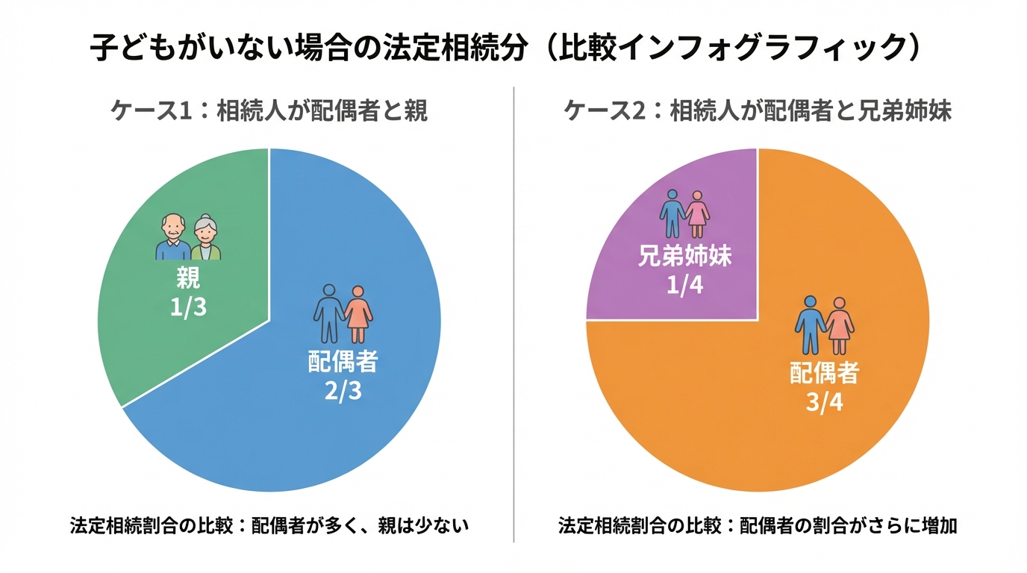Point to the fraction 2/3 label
[343, 390]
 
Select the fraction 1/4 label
[684, 286]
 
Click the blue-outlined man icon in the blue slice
[328, 313]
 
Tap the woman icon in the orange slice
[840, 325]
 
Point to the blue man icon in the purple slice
[672, 213]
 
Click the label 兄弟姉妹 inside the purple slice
[684, 257]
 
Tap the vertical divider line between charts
[513, 313]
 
